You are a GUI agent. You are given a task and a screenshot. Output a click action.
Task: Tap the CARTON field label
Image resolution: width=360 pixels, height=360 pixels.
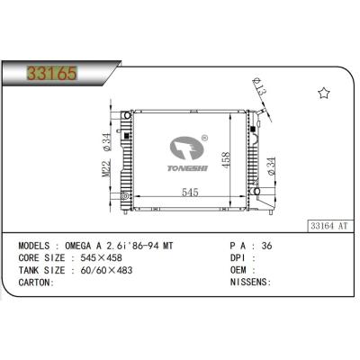tap(35, 282)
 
